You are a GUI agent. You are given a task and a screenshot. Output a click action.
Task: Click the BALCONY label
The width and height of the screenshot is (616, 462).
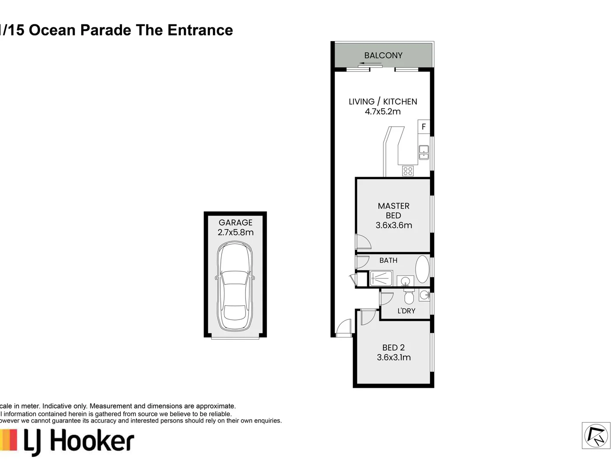tap(383, 55)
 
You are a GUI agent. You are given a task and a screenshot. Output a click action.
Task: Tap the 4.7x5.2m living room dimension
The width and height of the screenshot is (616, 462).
tap(382, 112)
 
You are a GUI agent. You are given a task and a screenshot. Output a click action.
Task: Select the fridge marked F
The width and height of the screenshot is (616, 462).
tap(423, 127)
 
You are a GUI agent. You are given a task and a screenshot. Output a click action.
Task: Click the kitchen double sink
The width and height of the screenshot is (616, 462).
tap(423, 153)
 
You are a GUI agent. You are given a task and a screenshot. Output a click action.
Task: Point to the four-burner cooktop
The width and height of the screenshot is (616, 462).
tap(408, 171)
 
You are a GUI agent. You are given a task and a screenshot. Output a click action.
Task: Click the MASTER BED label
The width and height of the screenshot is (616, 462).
tap(394, 210)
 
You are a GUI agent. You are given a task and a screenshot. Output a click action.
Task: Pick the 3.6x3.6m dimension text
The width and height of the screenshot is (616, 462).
tap(394, 225)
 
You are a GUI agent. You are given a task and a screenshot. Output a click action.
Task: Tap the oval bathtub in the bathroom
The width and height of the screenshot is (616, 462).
tap(422, 269)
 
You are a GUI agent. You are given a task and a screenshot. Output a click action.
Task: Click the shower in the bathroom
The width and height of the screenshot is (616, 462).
tap(381, 278)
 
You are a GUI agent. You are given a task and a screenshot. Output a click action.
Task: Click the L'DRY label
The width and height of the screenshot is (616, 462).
tap(406, 311)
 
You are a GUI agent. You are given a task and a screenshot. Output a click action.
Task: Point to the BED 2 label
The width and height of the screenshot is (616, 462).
tap(394, 347)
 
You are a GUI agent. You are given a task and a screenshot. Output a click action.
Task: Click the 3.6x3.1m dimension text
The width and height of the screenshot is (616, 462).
tap(394, 357)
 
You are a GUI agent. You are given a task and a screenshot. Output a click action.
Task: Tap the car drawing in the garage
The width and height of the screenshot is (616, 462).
tap(235, 286)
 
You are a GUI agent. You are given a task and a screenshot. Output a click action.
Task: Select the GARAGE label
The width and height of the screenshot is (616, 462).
tap(235, 222)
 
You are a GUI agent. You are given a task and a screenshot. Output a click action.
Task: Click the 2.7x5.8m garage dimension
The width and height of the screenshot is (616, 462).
tap(235, 232)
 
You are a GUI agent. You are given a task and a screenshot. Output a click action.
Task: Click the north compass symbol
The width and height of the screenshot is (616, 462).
tap(596, 436)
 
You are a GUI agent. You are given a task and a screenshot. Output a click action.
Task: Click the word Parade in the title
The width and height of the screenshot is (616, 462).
tap(106, 30)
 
